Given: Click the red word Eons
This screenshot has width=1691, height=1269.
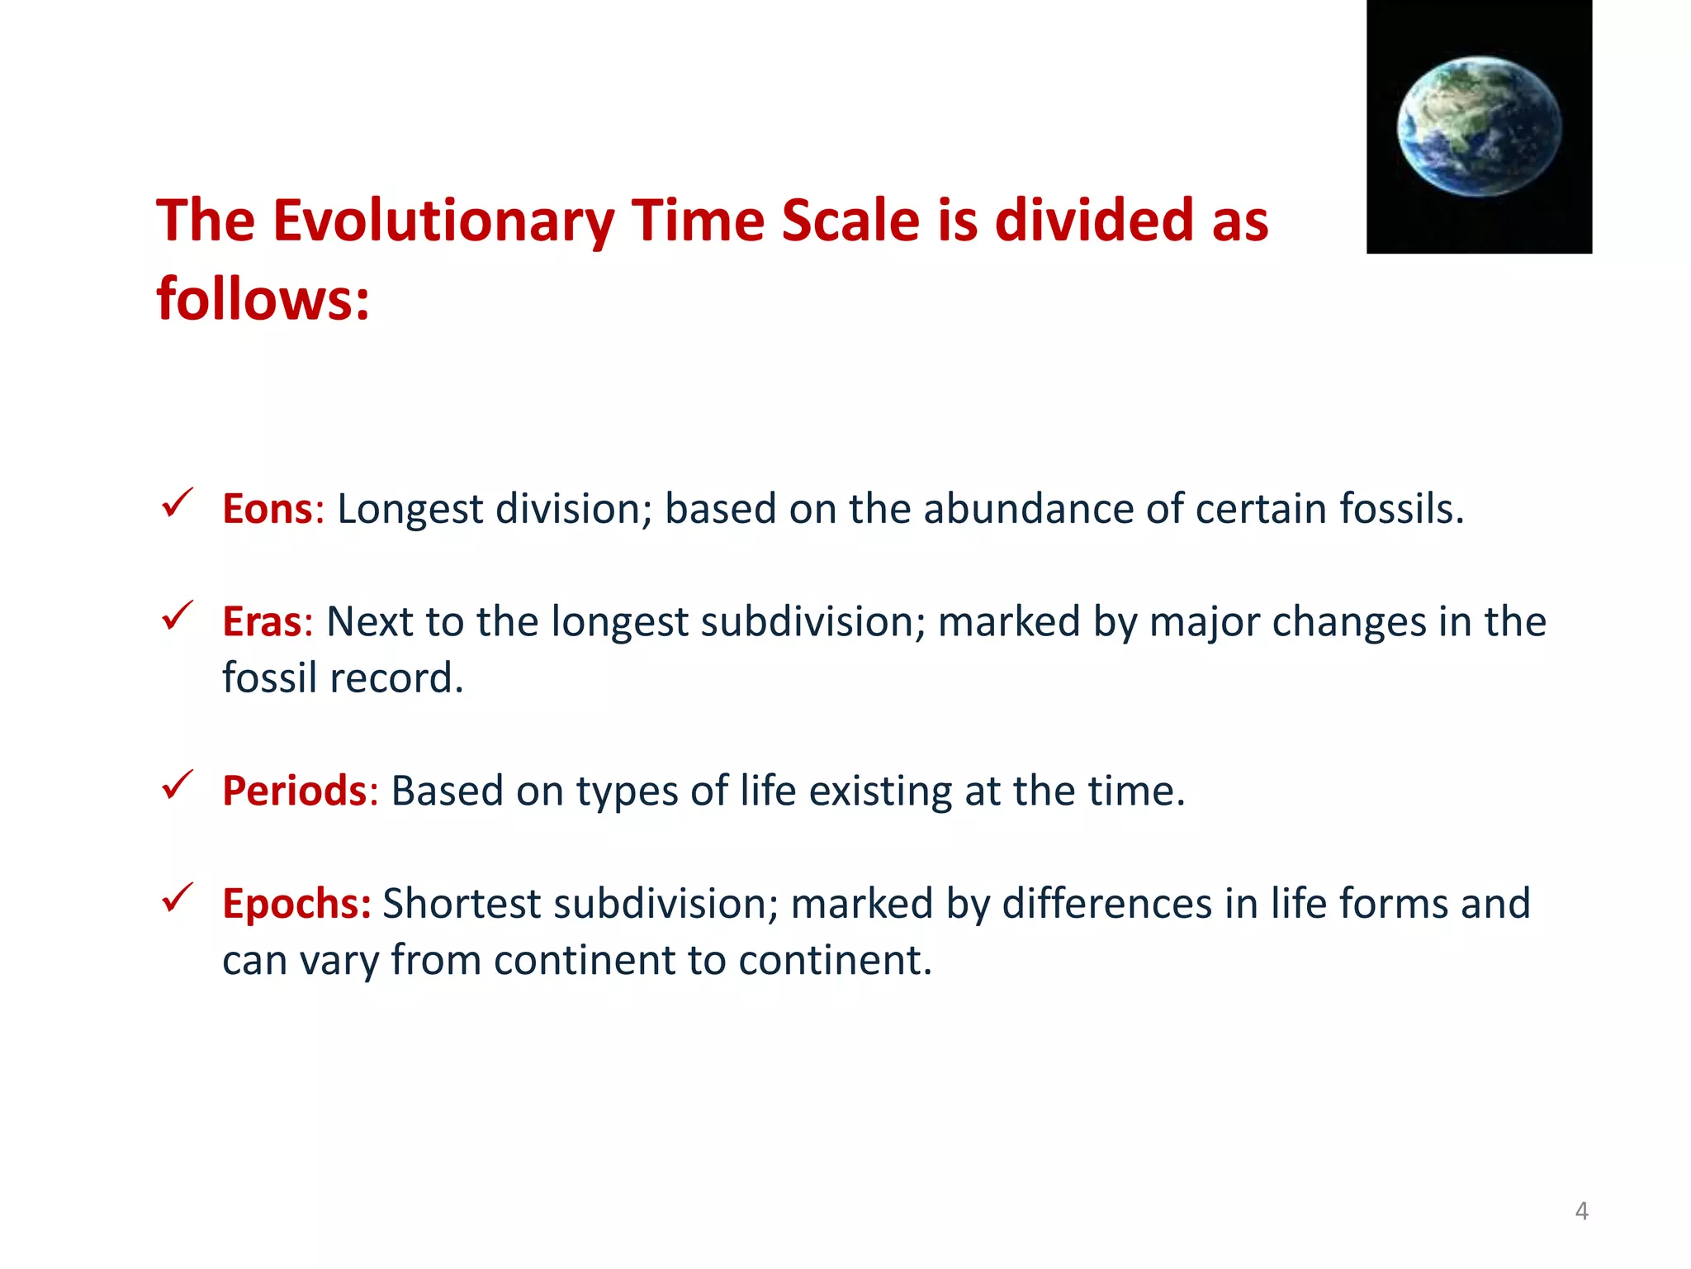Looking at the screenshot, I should (267, 509).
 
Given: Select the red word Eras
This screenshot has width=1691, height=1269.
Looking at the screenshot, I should (262, 622).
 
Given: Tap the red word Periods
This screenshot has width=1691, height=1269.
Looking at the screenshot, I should (294, 791).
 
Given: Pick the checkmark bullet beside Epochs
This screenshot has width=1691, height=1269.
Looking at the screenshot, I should (177, 897).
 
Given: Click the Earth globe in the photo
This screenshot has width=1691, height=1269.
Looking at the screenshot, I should (1479, 126).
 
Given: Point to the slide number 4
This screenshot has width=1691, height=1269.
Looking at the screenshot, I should (1581, 1211).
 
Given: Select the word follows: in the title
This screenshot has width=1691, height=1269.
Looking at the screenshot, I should (263, 299).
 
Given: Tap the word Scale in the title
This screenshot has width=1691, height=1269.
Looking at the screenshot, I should (850, 221).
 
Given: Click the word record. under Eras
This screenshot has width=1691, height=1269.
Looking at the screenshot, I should (396, 678).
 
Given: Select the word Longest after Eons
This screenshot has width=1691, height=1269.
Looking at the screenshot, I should (410, 509).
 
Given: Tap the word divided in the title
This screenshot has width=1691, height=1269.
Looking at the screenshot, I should (1094, 221).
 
